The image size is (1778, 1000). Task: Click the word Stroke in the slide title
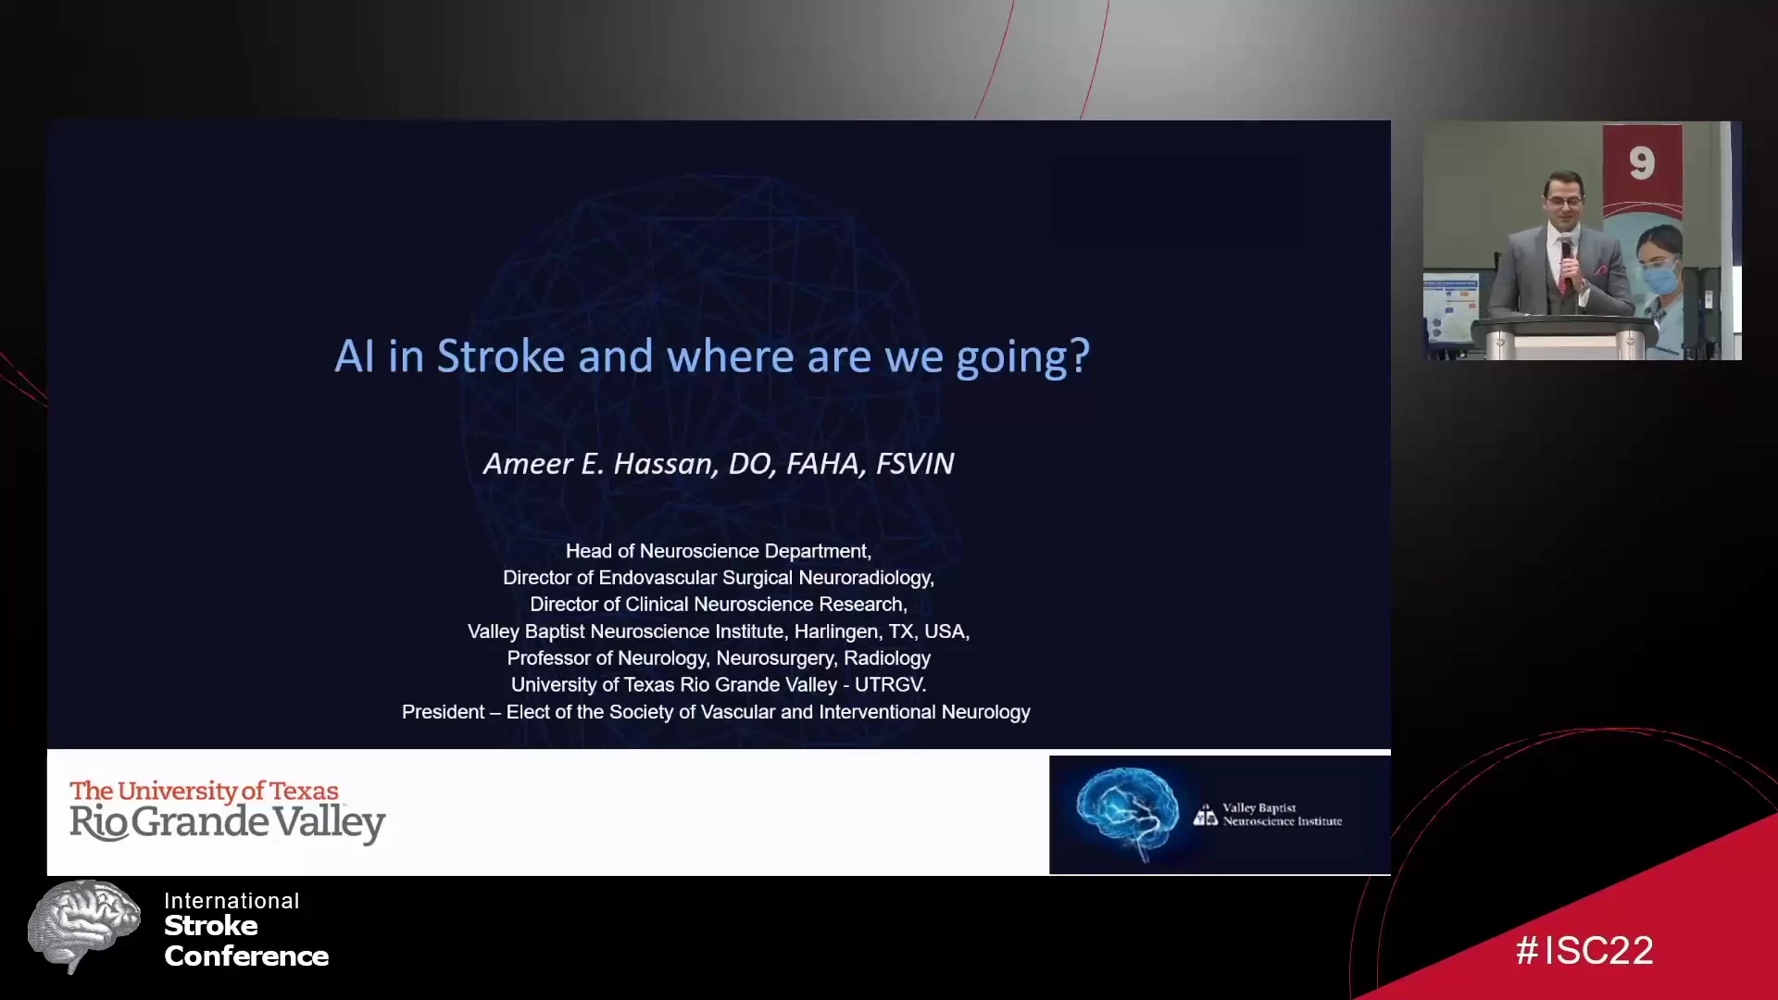click(501, 356)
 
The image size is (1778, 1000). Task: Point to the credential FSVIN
click(915, 463)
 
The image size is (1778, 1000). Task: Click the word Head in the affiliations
click(588, 551)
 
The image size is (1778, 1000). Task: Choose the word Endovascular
click(657, 578)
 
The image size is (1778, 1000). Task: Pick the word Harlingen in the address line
click(836, 631)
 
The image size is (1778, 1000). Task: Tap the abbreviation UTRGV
click(890, 685)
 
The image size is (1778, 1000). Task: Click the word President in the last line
click(443, 712)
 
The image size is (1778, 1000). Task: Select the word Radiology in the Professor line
click(887, 658)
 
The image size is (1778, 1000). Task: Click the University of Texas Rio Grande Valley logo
click(227, 812)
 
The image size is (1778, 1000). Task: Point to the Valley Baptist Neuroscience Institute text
click(1282, 815)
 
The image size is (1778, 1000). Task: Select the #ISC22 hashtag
click(1584, 951)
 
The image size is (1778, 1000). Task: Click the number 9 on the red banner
click(1642, 164)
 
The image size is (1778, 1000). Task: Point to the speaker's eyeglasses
click(1564, 200)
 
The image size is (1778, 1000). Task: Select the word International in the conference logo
click(232, 901)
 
